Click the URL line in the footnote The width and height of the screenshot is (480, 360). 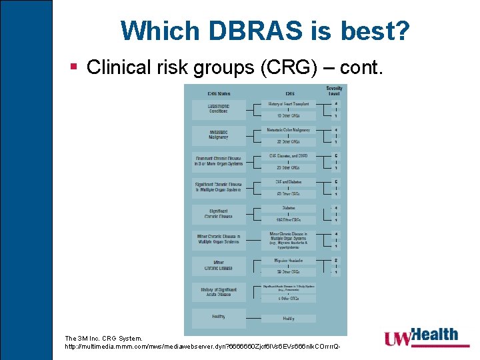pos(207,347)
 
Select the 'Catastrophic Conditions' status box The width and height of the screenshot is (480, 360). pos(218,108)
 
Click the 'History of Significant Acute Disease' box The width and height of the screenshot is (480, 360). pos(218,291)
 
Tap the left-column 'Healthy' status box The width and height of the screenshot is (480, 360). pos(218,317)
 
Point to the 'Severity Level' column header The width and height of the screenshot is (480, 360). pos(334,91)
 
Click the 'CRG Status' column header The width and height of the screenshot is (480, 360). pos(218,93)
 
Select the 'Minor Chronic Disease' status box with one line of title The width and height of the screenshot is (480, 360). pos(218,265)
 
